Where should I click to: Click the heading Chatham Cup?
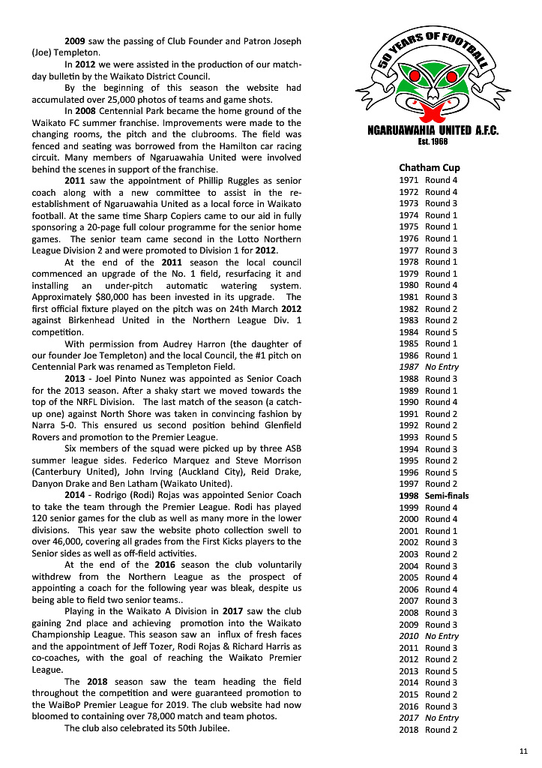430,168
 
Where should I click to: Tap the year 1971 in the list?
409,180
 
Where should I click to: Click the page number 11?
523,751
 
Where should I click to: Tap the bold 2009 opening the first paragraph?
75,40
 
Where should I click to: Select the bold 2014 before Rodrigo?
75,495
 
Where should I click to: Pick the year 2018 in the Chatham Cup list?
409,730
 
